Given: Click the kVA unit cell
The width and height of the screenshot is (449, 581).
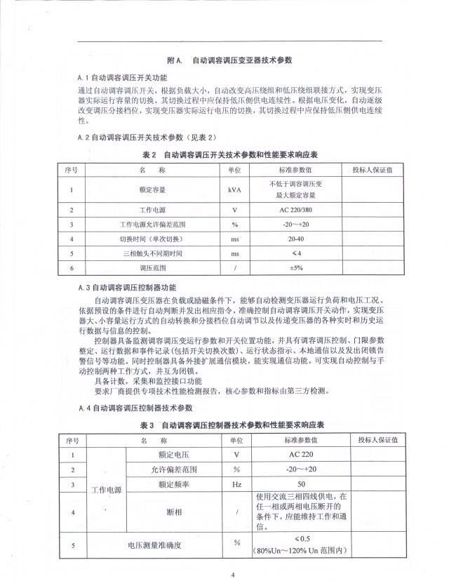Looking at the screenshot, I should pos(234,189).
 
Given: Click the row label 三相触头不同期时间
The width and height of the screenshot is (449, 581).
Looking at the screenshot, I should pos(153,253).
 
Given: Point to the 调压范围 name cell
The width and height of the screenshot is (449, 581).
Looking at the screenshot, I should pos(153,267).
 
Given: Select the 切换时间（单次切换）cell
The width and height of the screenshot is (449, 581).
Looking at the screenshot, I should pos(153,239).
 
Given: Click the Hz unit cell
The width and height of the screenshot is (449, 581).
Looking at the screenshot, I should pos(236,484).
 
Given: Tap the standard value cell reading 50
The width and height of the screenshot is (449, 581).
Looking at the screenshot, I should pos(301,484).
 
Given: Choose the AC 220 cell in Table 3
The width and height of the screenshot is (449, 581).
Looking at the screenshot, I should pos(301,455).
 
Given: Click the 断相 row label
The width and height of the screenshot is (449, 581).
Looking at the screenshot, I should pos(173,512).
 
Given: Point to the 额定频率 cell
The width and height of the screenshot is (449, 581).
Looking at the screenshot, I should pos(173,484).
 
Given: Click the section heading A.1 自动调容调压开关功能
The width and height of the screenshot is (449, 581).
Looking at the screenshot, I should pos(123,77).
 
